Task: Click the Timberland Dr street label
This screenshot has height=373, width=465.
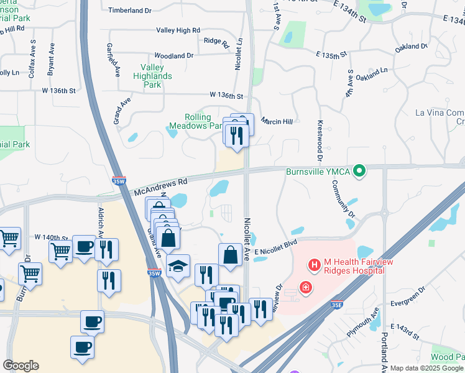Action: pos(130,11)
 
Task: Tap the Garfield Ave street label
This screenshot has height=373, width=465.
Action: pos(117,62)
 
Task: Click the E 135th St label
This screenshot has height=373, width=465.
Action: pos(330,56)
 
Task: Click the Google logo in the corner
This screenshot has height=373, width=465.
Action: pos(21,365)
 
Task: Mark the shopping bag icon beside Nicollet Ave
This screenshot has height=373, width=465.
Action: pos(230,255)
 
